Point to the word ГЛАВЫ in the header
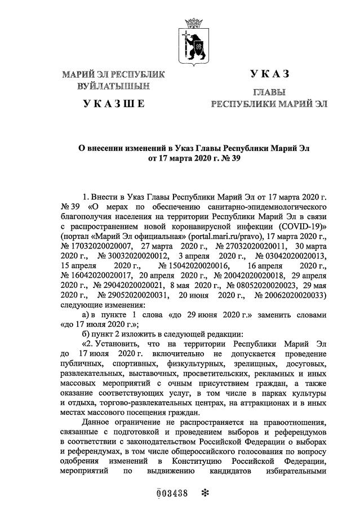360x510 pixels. coord(269,92)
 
